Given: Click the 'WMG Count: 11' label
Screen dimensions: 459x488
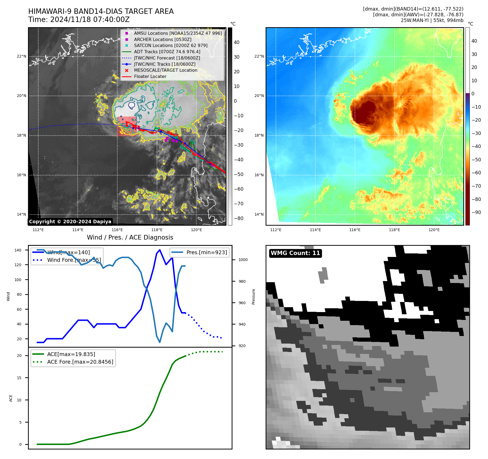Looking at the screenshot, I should pyautogui.click(x=295, y=253).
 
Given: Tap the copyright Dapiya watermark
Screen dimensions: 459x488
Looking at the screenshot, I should pyautogui.click(x=70, y=222).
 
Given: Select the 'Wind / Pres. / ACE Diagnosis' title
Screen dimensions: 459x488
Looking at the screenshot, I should pyautogui.click(x=130, y=237).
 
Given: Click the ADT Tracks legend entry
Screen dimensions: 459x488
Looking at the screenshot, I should pyautogui.click(x=167, y=52).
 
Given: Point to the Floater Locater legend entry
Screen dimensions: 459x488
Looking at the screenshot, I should pyautogui.click(x=150, y=76).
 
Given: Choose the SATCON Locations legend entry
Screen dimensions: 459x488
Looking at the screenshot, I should pyautogui.click(x=171, y=45).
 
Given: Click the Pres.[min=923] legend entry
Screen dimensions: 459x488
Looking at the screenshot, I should pyautogui.click(x=206, y=252).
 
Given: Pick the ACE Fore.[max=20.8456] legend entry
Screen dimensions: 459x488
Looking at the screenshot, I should pyautogui.click(x=80, y=362).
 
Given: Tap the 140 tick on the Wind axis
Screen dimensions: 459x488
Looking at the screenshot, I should pyautogui.click(x=18, y=250).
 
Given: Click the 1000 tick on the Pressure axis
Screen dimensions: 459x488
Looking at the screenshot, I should pyautogui.click(x=243, y=260).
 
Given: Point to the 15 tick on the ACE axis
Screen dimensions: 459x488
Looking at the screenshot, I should pyautogui.click(x=19, y=378).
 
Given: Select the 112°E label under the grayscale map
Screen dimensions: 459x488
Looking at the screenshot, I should pyautogui.click(x=38, y=230).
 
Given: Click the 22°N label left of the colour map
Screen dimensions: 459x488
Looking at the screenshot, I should pyautogui.click(x=259, y=56).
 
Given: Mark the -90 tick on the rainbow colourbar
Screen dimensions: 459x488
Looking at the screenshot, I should pyautogui.click(x=476, y=212).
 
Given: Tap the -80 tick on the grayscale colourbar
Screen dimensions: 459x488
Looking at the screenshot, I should pyautogui.click(x=239, y=218).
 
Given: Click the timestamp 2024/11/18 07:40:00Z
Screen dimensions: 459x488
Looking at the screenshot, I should pyautogui.click(x=90, y=20).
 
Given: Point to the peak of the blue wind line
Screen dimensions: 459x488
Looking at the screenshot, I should pyautogui.click(x=160, y=250).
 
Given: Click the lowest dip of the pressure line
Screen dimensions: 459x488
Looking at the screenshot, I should pyautogui.click(x=160, y=342).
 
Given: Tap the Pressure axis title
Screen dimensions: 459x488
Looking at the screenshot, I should pyautogui.click(x=253, y=297).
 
